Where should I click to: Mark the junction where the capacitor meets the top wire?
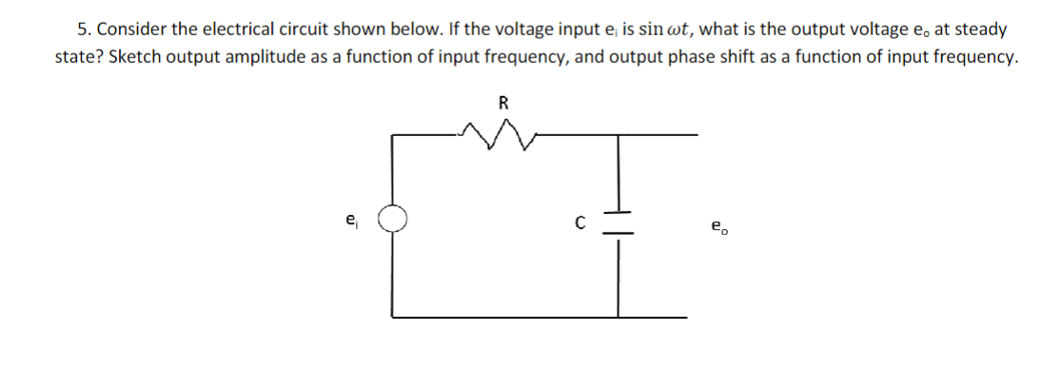619,134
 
